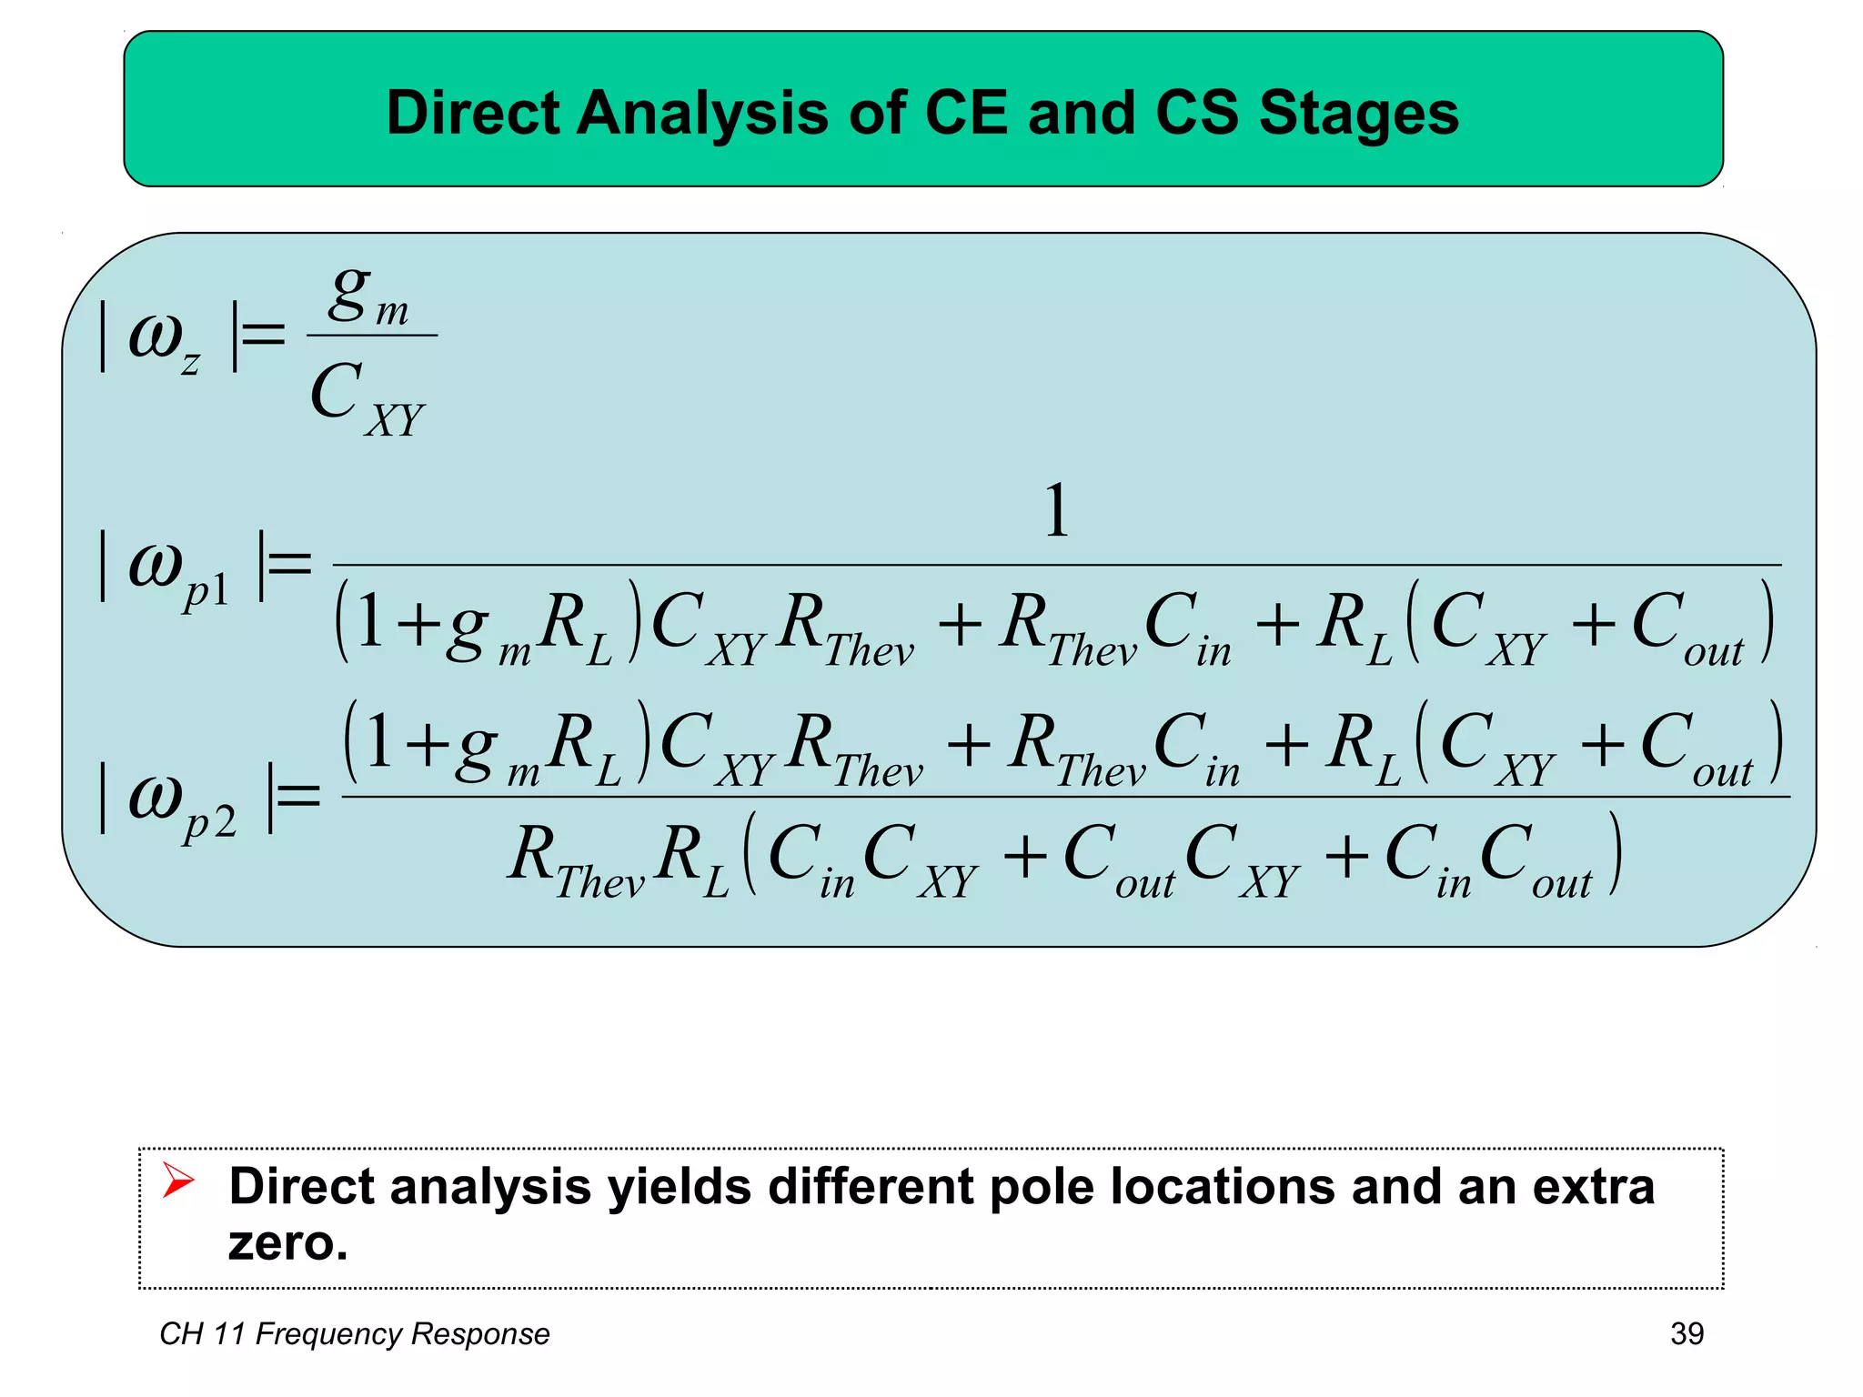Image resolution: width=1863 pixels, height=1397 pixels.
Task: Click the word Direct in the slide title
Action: pyautogui.click(x=472, y=113)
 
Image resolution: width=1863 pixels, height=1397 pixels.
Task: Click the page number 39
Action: pyautogui.click(x=1687, y=1333)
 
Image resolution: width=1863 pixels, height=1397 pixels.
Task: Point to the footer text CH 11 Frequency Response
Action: pyautogui.click(x=355, y=1333)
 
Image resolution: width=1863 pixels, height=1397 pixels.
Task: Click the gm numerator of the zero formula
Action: pyautogui.click(x=368, y=296)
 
